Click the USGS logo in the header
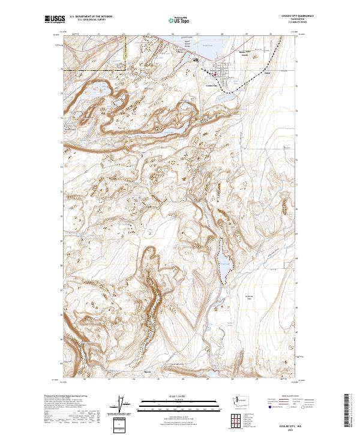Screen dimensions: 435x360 pyautogui.click(x=55, y=19)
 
